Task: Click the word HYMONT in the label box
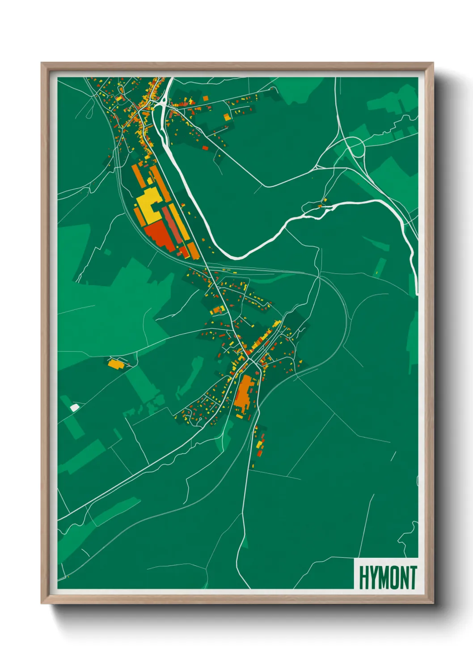[388, 578]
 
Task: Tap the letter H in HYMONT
[363, 578]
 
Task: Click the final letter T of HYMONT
[413, 578]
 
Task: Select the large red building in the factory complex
[159, 235]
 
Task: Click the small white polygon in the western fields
[75, 407]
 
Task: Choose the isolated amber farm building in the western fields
[115, 363]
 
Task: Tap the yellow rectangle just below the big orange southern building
[240, 416]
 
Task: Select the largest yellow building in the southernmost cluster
[260, 445]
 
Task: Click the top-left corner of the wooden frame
[42, 63]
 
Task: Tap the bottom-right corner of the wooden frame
[433, 603]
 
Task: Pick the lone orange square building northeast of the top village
[206, 98]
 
